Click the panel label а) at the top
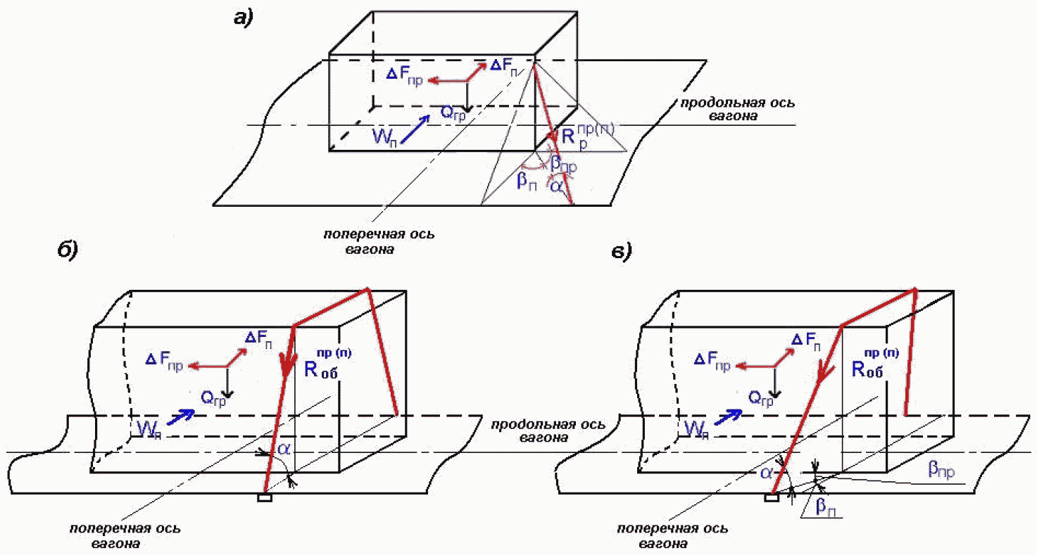pyautogui.click(x=244, y=18)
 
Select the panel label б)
pyautogui.click(x=68, y=250)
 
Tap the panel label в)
pyautogui.click(x=622, y=252)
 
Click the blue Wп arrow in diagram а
pyautogui.click(x=415, y=129)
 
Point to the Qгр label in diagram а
pyautogui.click(x=453, y=113)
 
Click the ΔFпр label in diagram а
pyautogui.click(x=405, y=77)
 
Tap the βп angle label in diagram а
pyautogui.click(x=527, y=181)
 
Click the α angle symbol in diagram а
pyautogui.click(x=556, y=186)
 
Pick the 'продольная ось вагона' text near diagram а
pyautogui.click(x=737, y=109)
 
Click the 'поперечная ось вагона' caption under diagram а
pyautogui.click(x=379, y=241)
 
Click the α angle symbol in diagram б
pyautogui.click(x=283, y=449)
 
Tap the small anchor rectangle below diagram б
pyautogui.click(x=265, y=497)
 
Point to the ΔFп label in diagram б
pyautogui.click(x=258, y=340)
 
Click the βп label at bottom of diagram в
pyautogui.click(x=826, y=507)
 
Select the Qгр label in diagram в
pyautogui.click(x=761, y=399)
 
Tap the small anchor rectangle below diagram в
pyautogui.click(x=772, y=497)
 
